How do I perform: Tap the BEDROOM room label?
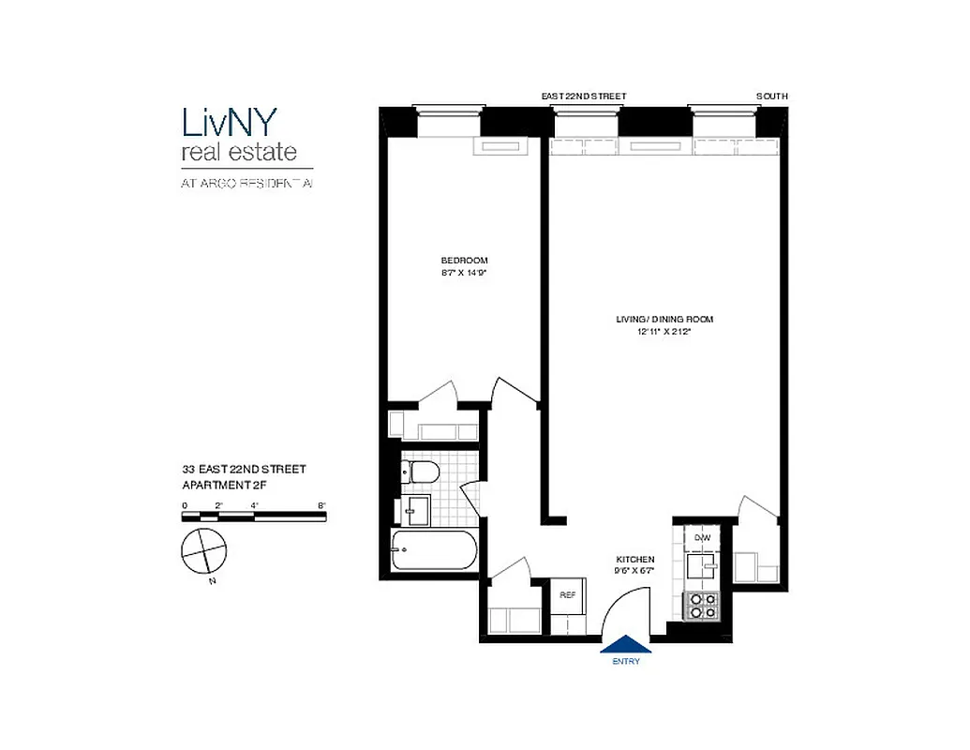464,261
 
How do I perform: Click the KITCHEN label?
634,559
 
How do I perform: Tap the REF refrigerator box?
567,595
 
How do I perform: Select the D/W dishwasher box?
702,537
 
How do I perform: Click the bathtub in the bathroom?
434,551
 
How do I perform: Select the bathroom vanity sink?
415,510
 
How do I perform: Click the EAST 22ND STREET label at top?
584,97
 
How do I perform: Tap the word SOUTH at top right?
772,97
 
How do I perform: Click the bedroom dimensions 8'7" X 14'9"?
464,273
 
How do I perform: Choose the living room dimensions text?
658,332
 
